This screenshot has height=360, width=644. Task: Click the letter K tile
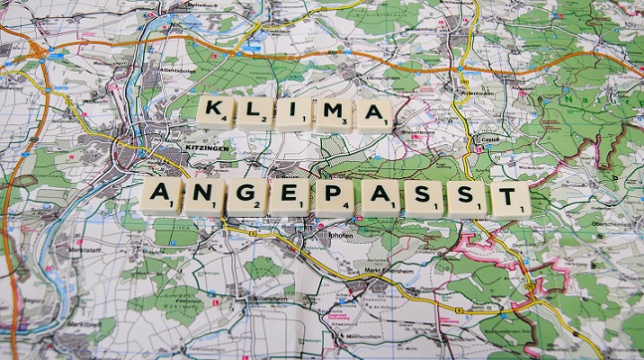(x=215, y=112)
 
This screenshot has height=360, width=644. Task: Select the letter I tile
(x=293, y=114)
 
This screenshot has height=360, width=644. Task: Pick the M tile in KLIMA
(x=332, y=114)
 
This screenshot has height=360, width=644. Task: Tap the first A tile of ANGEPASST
(x=161, y=196)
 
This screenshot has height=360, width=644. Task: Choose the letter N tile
(x=205, y=197)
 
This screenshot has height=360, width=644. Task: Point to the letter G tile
(x=247, y=197)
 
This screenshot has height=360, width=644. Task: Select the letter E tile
(x=290, y=197)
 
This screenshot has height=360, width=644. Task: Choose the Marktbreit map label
(x=83, y=323)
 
